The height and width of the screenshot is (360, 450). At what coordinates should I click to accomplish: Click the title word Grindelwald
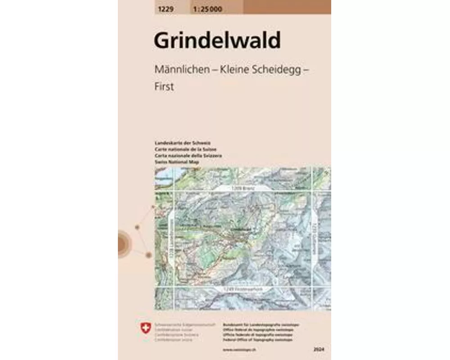pos(217,40)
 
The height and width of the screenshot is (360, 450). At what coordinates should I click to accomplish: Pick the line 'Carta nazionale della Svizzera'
pos(182,155)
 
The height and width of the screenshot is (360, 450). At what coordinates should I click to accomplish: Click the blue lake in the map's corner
pos(163,174)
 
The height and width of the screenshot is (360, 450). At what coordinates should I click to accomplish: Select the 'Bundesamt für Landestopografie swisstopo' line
pos(261,324)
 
